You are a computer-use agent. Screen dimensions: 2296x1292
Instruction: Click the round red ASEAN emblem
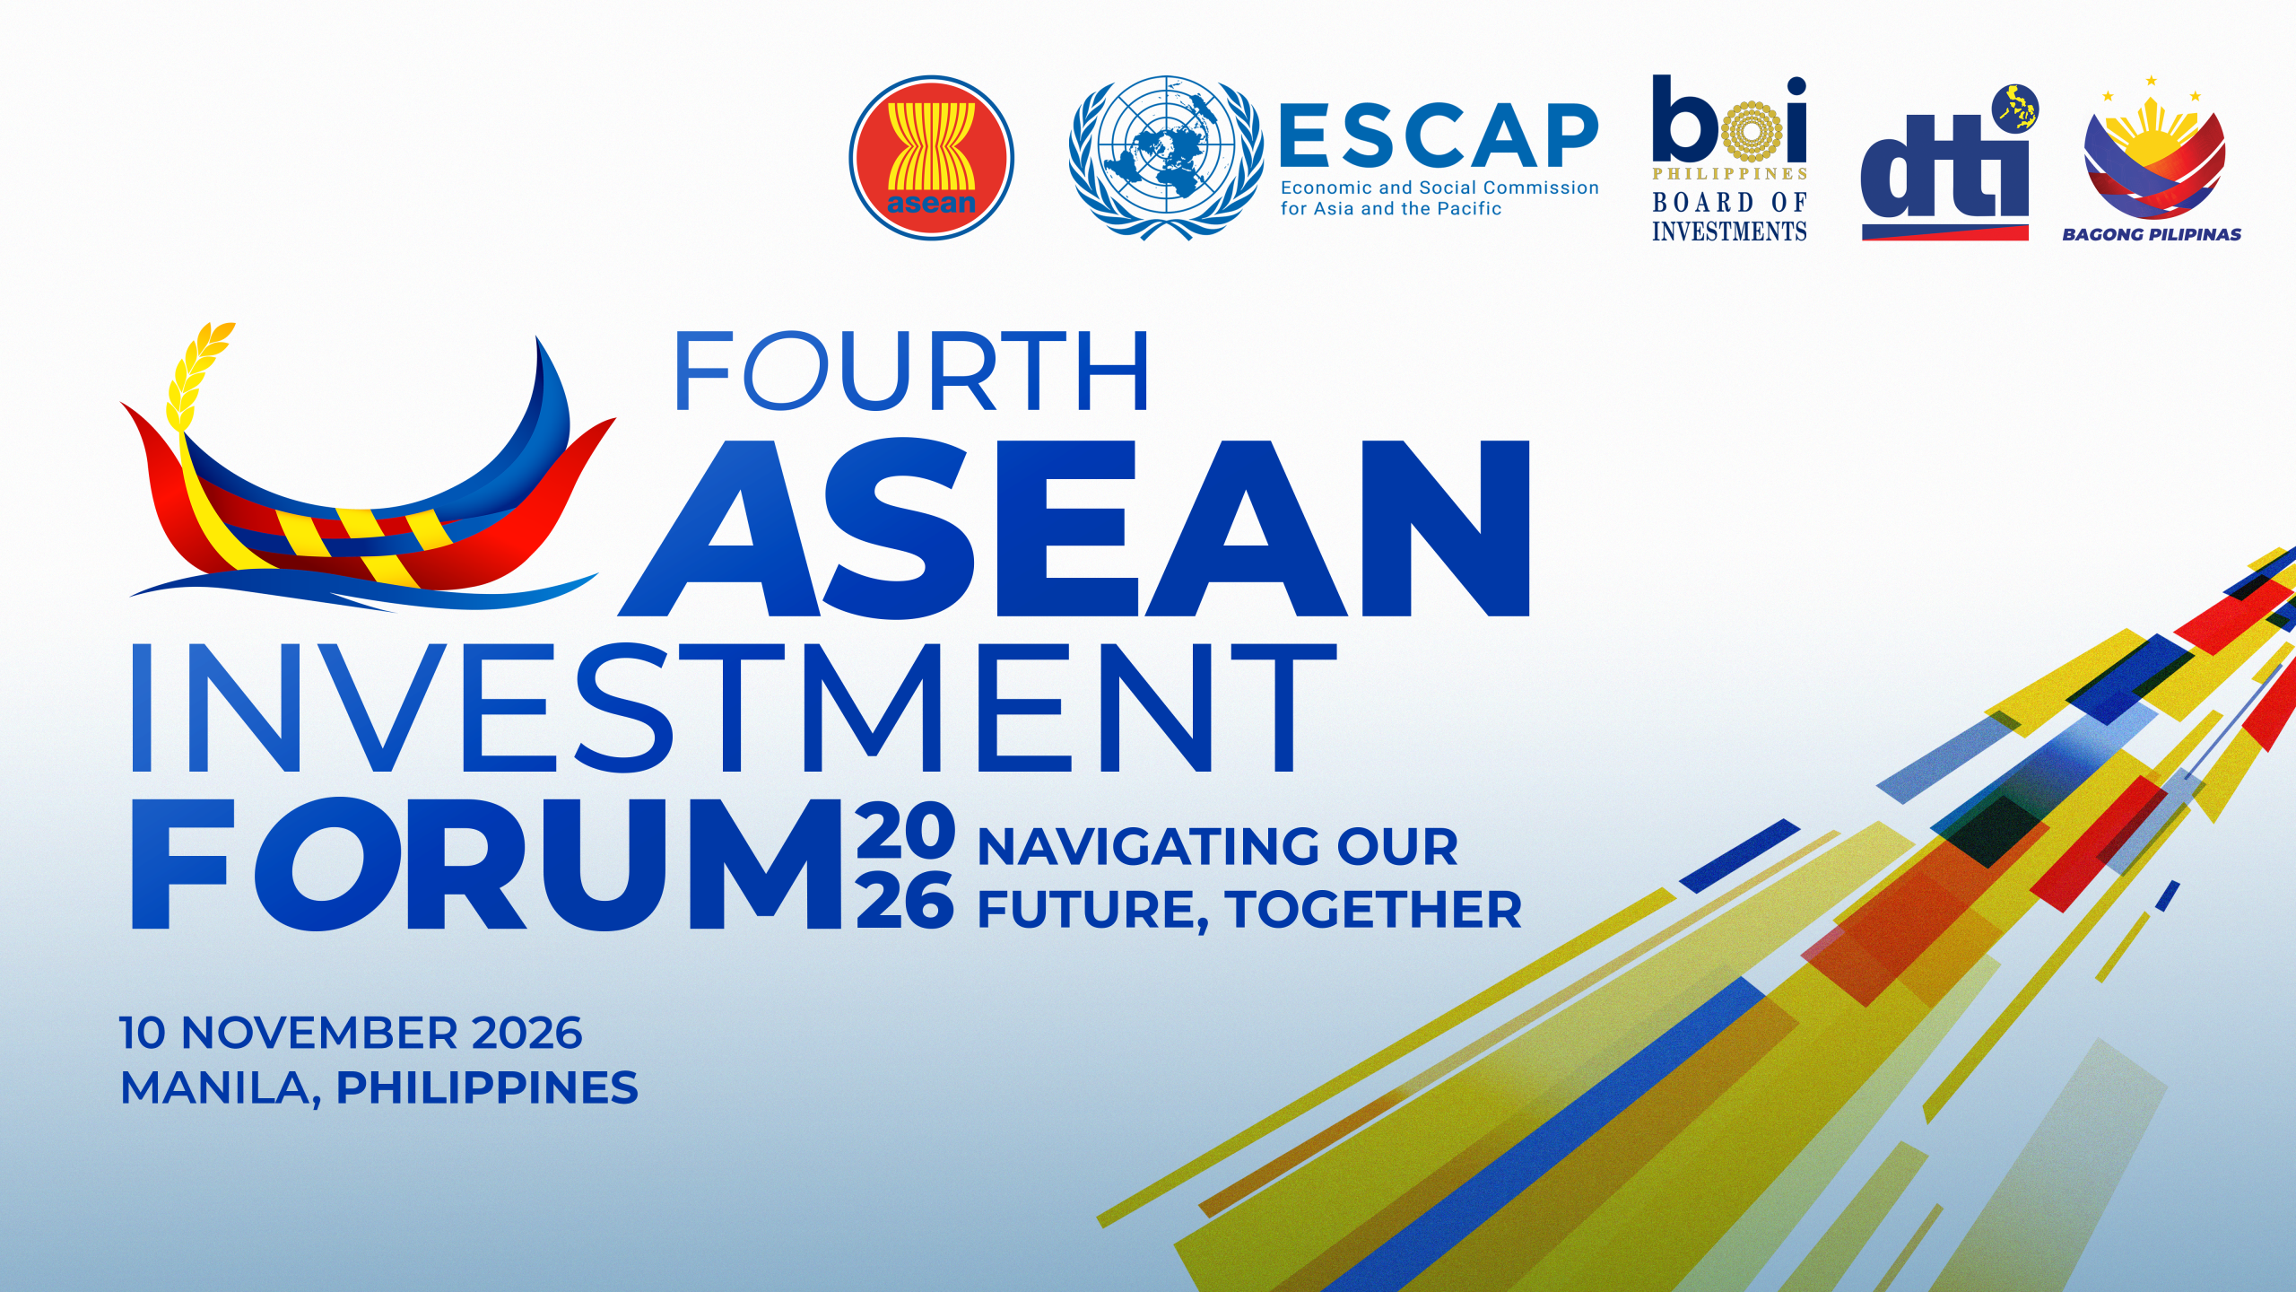point(931,158)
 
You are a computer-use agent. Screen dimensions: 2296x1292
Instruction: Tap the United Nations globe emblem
point(1166,158)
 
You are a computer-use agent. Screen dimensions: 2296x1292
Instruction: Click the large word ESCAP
point(1439,135)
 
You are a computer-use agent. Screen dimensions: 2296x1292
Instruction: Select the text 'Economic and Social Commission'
point(1439,188)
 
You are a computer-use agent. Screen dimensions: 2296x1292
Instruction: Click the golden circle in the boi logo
point(1748,130)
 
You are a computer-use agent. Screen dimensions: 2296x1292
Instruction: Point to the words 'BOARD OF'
point(1729,203)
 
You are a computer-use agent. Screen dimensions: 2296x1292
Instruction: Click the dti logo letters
point(1944,166)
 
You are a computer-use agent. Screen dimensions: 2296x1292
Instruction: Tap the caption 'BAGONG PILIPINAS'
point(2152,234)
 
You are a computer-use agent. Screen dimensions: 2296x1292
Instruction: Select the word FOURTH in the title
point(910,371)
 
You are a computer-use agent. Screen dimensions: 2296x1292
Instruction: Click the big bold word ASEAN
point(1074,528)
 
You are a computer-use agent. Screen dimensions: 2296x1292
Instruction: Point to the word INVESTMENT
point(734,708)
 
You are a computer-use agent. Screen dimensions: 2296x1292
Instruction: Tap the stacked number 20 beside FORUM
point(905,831)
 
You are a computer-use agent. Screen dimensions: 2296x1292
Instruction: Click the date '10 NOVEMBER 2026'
point(351,1033)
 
